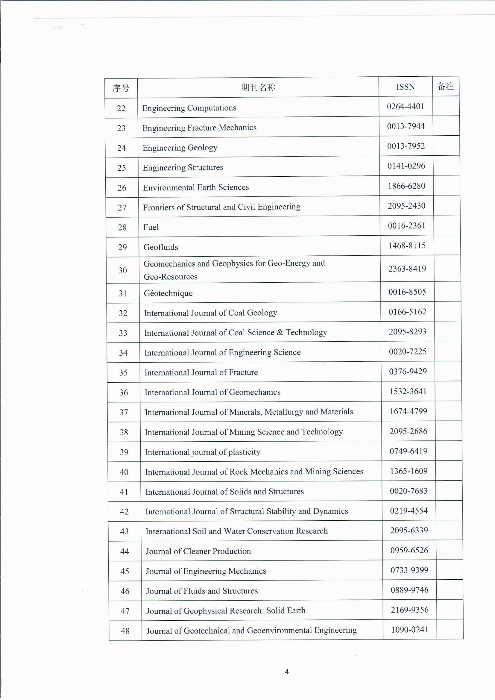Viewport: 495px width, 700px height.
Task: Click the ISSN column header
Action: click(406, 87)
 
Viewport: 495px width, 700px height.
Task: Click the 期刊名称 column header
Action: click(258, 87)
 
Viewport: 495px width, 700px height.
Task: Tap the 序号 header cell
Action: click(121, 88)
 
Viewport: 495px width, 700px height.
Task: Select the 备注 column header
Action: click(446, 86)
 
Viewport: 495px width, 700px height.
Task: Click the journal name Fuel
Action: click(151, 227)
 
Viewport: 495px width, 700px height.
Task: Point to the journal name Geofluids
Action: click(161, 247)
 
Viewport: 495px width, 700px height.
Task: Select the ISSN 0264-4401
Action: click(406, 106)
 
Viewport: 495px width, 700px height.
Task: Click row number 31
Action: click(122, 293)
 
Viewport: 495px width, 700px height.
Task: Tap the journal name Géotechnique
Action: click(168, 293)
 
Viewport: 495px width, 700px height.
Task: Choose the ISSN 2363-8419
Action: click(407, 269)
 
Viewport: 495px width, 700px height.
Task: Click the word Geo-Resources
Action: click(170, 277)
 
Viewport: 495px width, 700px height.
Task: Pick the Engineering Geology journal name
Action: click(180, 148)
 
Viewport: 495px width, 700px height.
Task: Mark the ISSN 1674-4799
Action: click(408, 411)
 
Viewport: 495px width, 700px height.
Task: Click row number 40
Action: click(124, 472)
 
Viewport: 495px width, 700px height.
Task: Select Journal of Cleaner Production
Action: click(198, 551)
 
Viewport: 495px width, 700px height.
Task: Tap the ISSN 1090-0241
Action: click(410, 630)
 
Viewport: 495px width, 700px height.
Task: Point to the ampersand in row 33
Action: click(280, 332)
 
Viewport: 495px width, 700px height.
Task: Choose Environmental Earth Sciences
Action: click(196, 187)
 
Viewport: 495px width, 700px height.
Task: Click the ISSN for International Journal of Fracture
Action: click(408, 371)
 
